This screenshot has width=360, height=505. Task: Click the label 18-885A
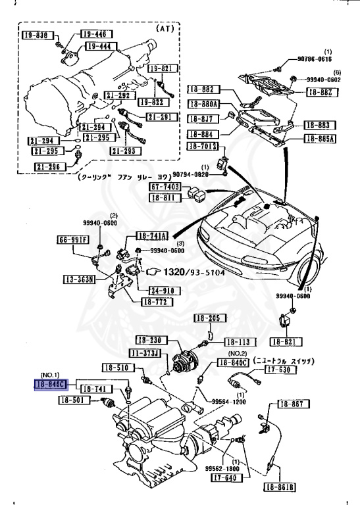pos(320,138)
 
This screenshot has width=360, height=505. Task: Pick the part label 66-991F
pos(72,239)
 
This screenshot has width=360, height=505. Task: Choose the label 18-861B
pos(280,487)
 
